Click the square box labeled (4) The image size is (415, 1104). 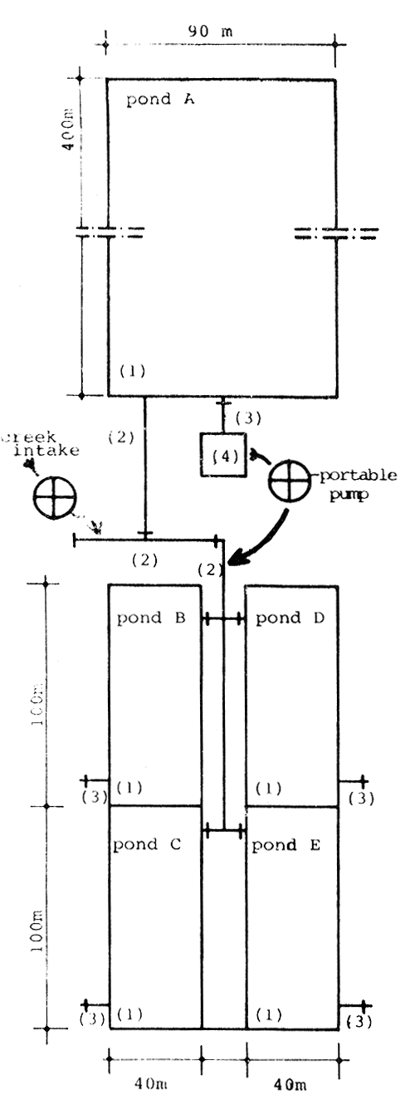click(223, 455)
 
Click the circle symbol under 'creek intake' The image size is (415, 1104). click(55, 499)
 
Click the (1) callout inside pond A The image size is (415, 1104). click(132, 372)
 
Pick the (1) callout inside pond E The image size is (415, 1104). click(269, 1014)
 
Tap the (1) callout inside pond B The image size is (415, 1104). click(131, 787)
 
